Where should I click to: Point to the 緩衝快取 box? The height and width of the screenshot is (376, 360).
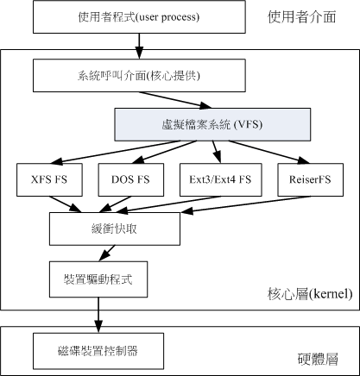tap(114, 229)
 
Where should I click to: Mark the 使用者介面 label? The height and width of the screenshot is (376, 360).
tap(300, 16)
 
